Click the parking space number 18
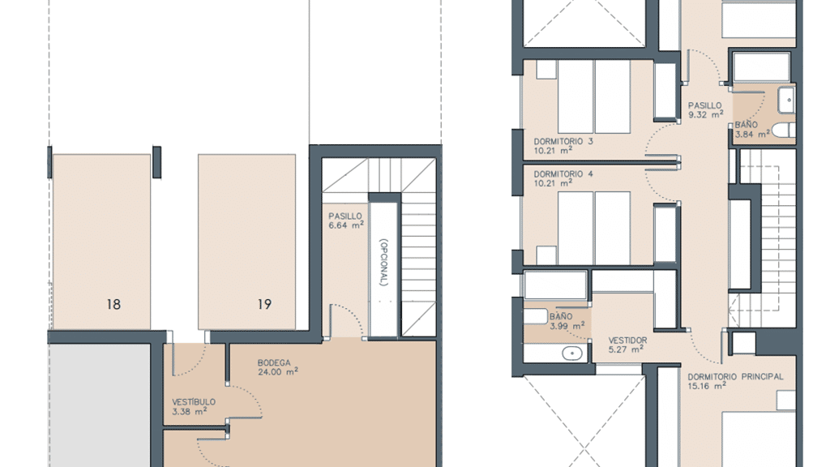[113, 305]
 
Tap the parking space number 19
[265, 305]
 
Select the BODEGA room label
[274, 362]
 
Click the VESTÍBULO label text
[194, 402]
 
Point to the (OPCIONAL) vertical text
[384, 262]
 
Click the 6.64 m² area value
[346, 225]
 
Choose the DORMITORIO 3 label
[563, 141]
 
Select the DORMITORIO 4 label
[563, 174]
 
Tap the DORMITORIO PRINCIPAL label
[735, 376]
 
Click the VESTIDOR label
[628, 340]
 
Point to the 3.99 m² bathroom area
[567, 326]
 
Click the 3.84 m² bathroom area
[752, 134]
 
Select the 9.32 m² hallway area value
[706, 114]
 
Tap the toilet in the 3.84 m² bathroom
[784, 130]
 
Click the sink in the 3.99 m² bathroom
[571, 353]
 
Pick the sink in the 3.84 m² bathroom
[786, 100]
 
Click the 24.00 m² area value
[278, 371]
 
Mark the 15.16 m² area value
[707, 386]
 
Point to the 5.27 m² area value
[627, 349]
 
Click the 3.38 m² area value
[190, 411]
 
